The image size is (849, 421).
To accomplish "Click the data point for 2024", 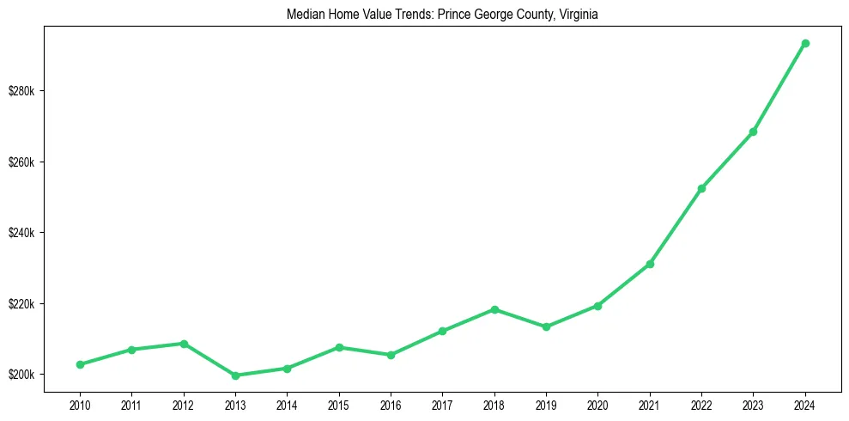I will click(x=805, y=43).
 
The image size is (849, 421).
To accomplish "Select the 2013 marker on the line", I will click(x=235, y=375).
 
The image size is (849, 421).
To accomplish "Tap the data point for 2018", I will click(x=494, y=309).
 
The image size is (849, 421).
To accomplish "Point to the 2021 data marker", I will click(x=650, y=264).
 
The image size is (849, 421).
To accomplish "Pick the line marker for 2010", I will click(x=80, y=364).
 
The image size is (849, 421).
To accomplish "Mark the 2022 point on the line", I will click(x=701, y=188).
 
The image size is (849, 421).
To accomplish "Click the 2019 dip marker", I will click(x=546, y=326).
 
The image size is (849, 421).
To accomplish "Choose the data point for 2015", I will click(x=339, y=347).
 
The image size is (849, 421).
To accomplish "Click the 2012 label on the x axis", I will click(x=184, y=404).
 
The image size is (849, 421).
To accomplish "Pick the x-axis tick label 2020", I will click(x=597, y=404).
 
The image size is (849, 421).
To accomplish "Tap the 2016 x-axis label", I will click(x=391, y=404).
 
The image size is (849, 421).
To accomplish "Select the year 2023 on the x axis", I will click(x=753, y=404).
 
